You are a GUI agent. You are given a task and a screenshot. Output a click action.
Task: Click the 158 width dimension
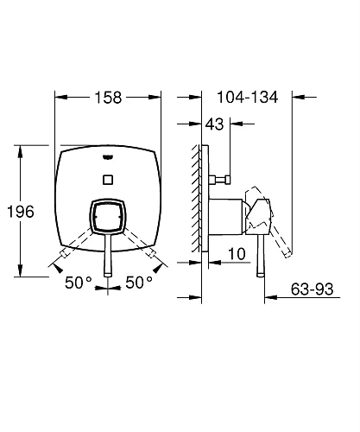[x=108, y=98]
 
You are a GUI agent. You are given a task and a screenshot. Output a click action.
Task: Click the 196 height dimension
[x=21, y=212]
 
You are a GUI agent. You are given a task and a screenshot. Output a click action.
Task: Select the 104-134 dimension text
[x=248, y=97]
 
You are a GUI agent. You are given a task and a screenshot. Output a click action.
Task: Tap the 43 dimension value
[x=214, y=124]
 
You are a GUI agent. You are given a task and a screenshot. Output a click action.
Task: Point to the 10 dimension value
[x=237, y=254]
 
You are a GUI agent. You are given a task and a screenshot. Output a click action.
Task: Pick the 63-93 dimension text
[x=312, y=289]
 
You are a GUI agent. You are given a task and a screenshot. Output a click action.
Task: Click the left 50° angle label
[x=79, y=283]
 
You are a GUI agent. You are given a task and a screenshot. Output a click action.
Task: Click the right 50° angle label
[x=139, y=283]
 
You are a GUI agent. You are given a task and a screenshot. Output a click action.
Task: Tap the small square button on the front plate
[x=108, y=180]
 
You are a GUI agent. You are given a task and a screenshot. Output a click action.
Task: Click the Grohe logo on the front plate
[x=108, y=157]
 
